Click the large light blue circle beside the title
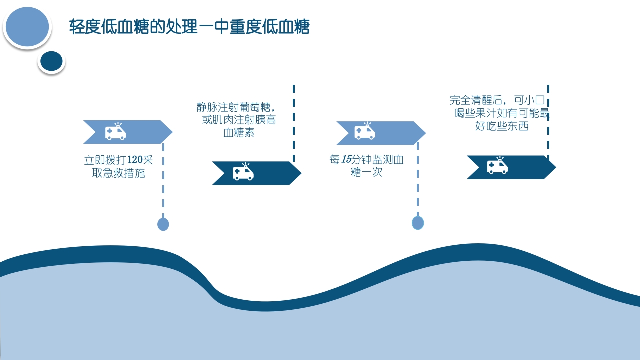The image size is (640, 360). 27,27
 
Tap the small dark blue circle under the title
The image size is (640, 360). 51,61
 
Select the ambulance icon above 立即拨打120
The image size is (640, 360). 115,132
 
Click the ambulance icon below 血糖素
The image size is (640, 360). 243,173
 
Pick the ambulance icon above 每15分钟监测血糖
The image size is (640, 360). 365,132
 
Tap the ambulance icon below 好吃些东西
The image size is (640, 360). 497,166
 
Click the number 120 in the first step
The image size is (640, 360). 135,160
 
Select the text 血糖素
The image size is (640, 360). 239,133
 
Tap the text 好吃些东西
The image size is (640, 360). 502,126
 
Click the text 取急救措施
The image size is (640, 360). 119,174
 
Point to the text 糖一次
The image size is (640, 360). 367,173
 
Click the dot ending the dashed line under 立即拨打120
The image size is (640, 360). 163,224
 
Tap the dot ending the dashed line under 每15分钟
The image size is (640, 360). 418,223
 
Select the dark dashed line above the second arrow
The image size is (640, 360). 294,122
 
